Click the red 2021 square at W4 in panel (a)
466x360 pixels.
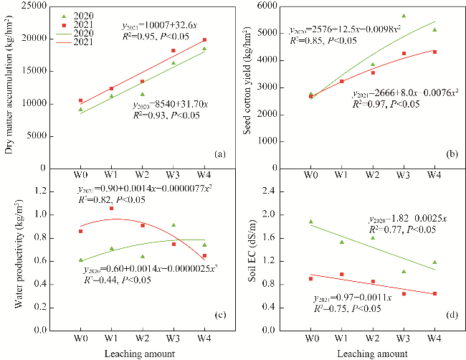pos(204,40)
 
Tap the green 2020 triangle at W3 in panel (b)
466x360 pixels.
pos(404,16)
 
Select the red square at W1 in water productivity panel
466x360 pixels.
pos(112,209)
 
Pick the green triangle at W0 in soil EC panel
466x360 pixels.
pos(311,222)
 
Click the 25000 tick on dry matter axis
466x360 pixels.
pos(48,6)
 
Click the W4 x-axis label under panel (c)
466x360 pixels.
pos(204,337)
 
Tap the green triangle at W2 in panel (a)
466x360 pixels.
pos(143,94)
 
